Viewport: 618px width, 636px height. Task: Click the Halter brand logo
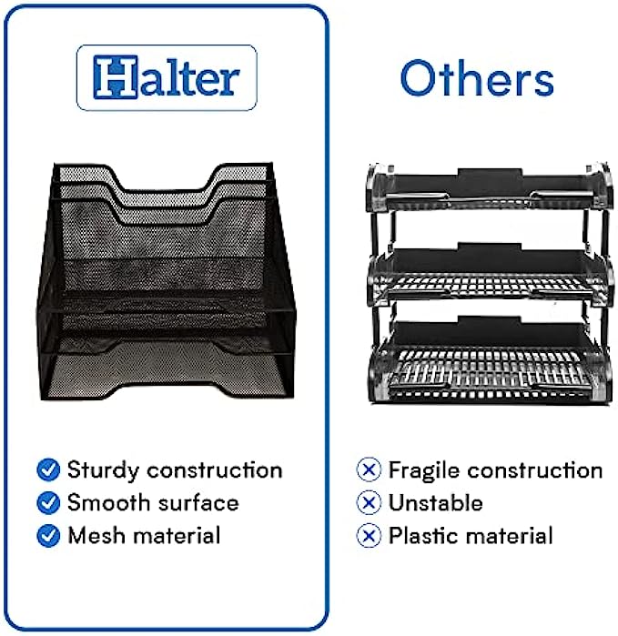tap(167, 77)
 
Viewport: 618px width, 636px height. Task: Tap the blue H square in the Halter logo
tap(116, 77)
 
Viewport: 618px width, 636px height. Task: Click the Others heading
tap(477, 78)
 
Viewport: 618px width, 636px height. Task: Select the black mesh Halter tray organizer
tap(167, 281)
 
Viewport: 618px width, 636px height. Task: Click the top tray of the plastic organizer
tap(489, 188)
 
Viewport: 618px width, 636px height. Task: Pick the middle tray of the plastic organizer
tap(489, 275)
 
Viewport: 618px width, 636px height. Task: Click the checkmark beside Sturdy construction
tap(48, 469)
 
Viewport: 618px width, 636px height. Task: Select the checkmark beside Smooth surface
tap(48, 503)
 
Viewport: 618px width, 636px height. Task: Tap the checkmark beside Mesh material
tap(48, 536)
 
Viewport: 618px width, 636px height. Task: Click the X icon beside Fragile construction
tap(369, 469)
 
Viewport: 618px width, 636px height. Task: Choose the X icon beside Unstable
tap(369, 503)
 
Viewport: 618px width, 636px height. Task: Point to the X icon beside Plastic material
tap(369, 536)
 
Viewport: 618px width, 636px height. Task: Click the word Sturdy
tap(103, 471)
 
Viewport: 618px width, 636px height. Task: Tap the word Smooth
tap(108, 503)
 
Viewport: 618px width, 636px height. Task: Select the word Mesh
tap(96, 536)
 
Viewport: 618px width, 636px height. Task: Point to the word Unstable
tap(436, 503)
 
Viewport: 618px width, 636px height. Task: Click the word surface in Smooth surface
tap(198, 503)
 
